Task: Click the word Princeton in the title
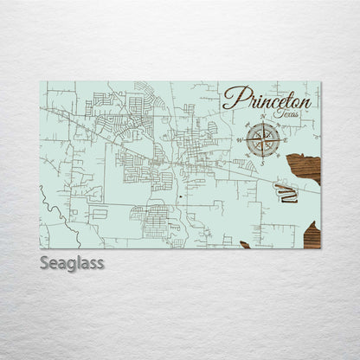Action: click(267, 98)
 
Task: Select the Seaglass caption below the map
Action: click(72, 263)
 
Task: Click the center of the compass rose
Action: click(263, 138)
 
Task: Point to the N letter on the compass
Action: click(263, 119)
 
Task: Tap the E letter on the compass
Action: click(285, 138)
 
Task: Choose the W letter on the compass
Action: click(241, 138)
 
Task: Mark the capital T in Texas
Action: click(273, 112)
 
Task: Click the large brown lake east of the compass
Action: click(305, 167)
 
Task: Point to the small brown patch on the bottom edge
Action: click(245, 245)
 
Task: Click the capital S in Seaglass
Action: click(45, 262)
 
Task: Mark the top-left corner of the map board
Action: click(41, 82)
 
